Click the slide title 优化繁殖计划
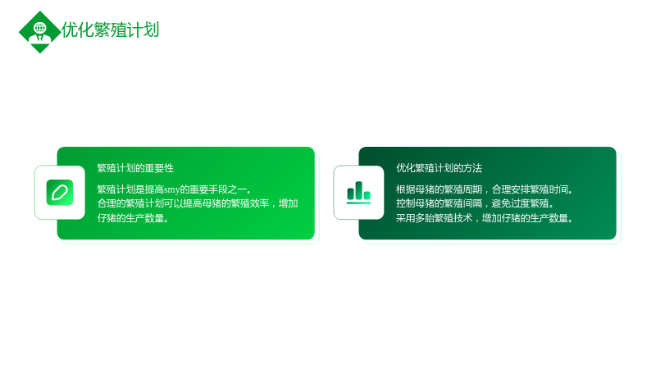click(110, 30)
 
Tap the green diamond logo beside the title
click(39, 32)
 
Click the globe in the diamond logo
click(40, 28)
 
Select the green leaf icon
click(60, 193)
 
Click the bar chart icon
click(358, 193)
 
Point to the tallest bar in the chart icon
click(358, 190)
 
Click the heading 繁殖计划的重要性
click(135, 168)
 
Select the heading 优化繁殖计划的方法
click(439, 168)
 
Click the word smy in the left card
click(171, 190)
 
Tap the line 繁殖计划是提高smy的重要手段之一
click(174, 189)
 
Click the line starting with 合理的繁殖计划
click(198, 203)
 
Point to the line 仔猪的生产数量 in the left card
click(133, 218)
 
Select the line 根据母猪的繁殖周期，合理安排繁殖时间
click(484, 189)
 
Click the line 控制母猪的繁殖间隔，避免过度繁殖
click(475, 203)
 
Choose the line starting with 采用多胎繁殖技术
click(484, 218)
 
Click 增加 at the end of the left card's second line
click(289, 203)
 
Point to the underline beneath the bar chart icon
click(358, 203)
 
